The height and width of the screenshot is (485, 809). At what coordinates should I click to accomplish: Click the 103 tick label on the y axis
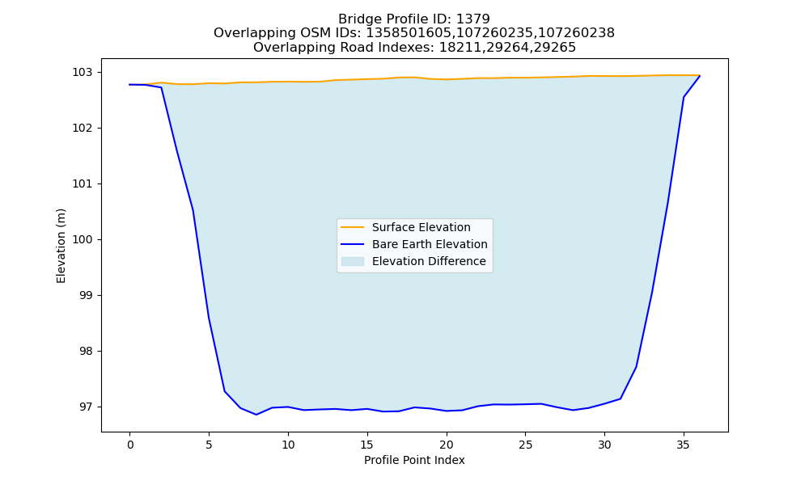pyautogui.click(x=83, y=72)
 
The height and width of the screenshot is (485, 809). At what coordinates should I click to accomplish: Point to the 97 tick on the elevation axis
pyautogui.click(x=86, y=407)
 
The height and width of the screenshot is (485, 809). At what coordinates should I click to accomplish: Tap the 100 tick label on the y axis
pyautogui.click(x=83, y=239)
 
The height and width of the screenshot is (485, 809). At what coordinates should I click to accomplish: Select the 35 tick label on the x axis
pyautogui.click(x=683, y=445)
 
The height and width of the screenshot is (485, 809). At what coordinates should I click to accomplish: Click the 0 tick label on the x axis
pyautogui.click(x=130, y=445)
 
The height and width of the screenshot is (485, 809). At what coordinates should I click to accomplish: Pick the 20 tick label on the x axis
pyautogui.click(x=447, y=445)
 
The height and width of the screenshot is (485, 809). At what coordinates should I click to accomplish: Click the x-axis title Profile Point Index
pyautogui.click(x=414, y=460)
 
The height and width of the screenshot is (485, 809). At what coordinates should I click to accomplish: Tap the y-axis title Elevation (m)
pyautogui.click(x=61, y=246)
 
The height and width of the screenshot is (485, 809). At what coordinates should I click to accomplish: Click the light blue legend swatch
pyautogui.click(x=353, y=261)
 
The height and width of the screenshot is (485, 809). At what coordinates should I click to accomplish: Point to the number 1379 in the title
pyautogui.click(x=473, y=19)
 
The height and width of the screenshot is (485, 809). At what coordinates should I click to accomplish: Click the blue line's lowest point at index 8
pyautogui.click(x=256, y=415)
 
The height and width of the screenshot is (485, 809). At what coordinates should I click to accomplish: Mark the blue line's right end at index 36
pyautogui.click(x=700, y=76)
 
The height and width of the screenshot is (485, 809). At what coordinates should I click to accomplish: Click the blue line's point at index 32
pyautogui.click(x=636, y=366)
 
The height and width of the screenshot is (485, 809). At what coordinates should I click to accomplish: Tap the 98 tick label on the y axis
pyautogui.click(x=86, y=352)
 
